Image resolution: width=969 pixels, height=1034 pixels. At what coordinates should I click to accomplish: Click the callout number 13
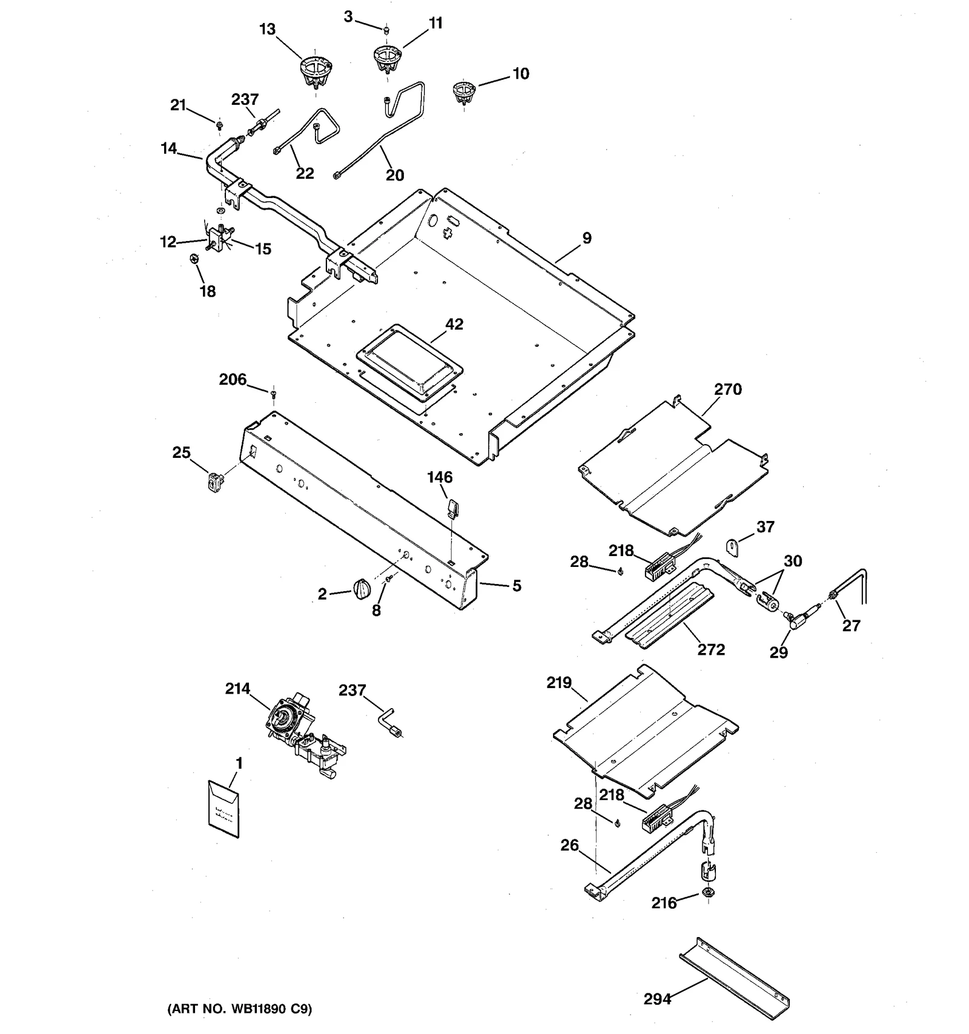[267, 29]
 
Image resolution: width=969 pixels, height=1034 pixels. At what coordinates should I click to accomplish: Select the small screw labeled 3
[386, 29]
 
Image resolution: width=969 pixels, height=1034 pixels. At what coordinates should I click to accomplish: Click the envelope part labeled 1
[223, 809]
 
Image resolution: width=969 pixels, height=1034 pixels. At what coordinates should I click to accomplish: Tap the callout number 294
[657, 998]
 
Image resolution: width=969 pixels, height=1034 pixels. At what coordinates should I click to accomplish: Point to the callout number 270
[727, 389]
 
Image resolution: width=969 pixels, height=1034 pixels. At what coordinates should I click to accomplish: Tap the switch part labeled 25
[212, 480]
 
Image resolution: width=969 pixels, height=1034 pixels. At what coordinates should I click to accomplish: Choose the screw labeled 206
[273, 394]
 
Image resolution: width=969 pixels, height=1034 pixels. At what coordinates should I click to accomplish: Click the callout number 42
[454, 324]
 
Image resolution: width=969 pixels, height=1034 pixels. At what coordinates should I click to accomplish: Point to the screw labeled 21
[219, 125]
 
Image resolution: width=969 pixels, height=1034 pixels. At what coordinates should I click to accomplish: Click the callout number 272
[711, 649]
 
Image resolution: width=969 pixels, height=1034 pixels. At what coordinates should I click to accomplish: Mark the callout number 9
[586, 238]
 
